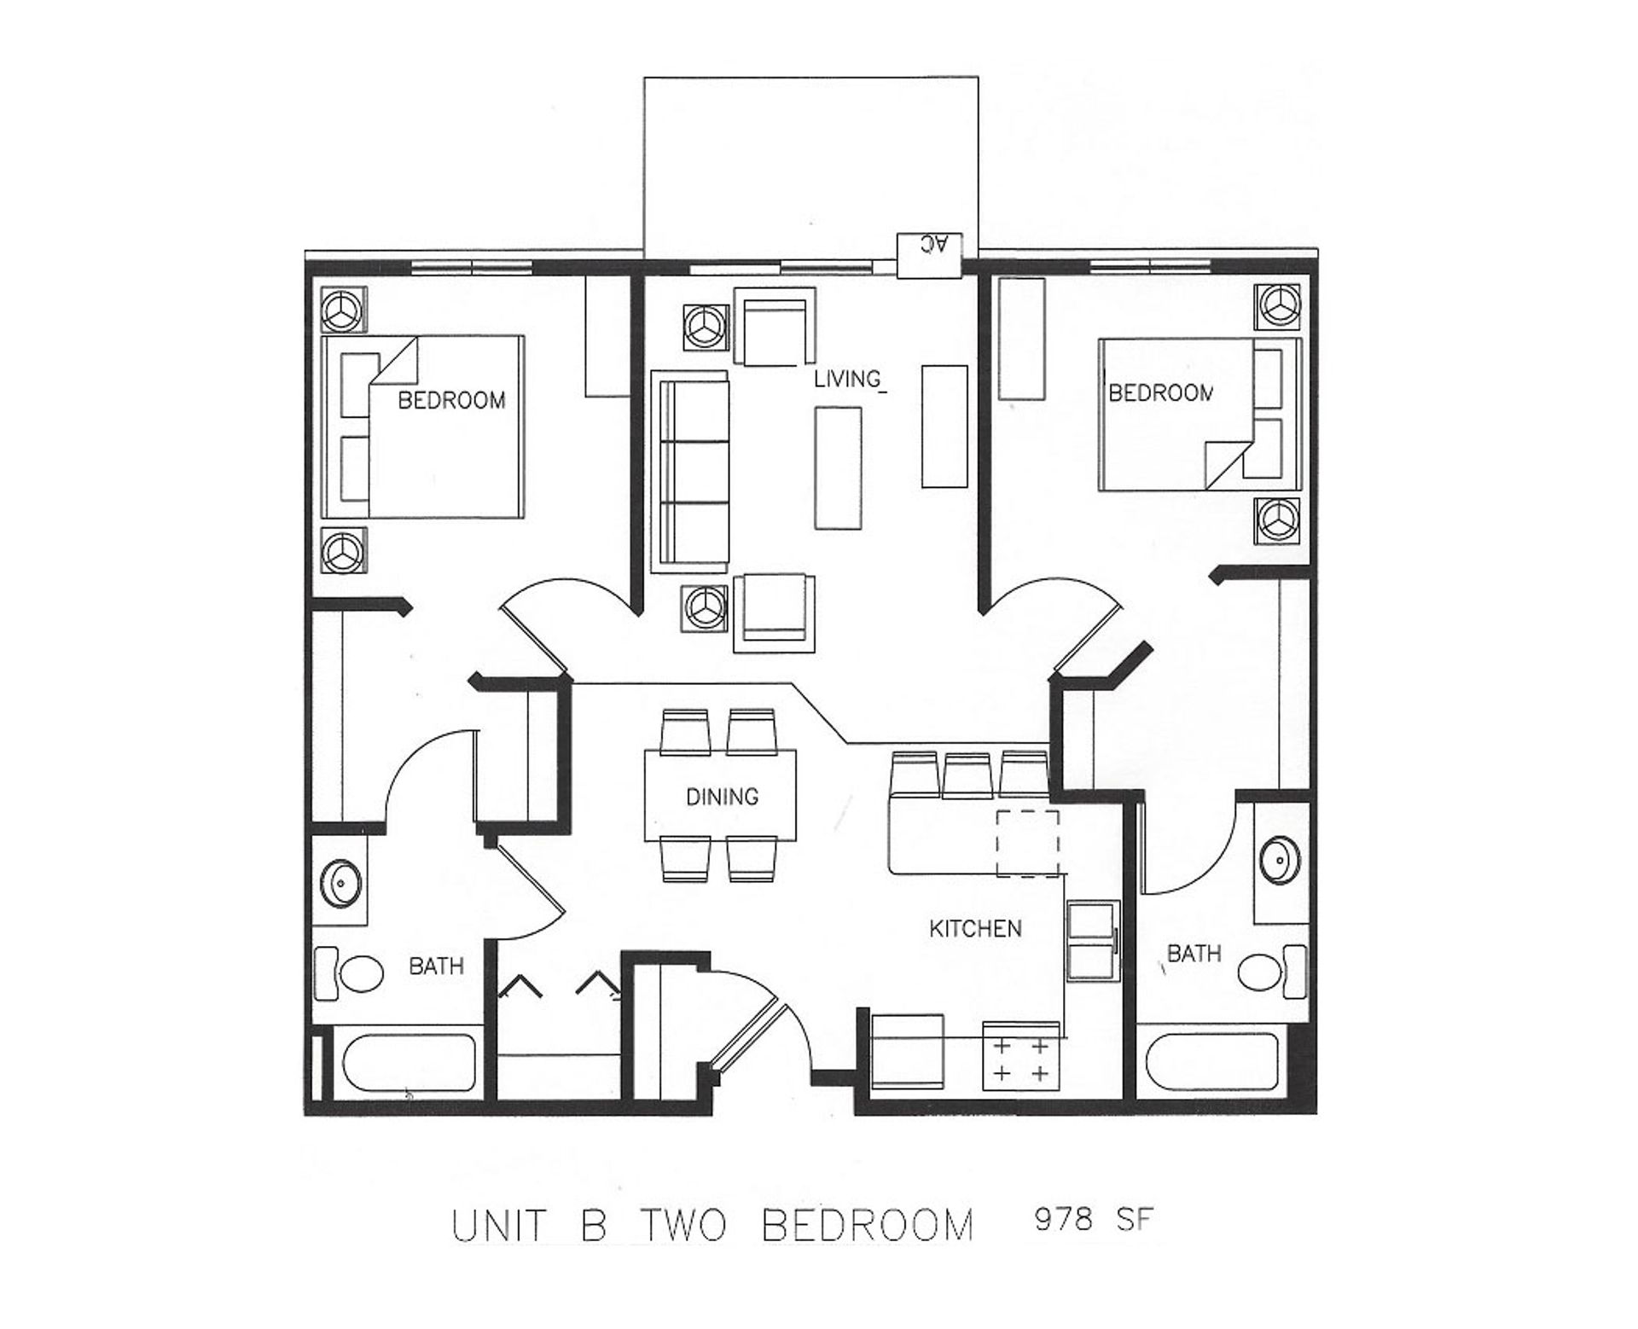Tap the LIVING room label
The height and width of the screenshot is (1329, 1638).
(x=847, y=379)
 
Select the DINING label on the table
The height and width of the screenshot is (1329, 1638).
(x=722, y=796)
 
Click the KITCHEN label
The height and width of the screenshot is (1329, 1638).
(x=975, y=928)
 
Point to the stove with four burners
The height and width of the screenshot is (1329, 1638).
(x=1021, y=1056)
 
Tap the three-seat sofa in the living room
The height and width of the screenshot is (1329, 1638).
(x=690, y=472)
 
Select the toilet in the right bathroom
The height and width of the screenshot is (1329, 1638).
(x=1272, y=971)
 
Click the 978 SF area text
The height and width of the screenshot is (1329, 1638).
(x=1094, y=1220)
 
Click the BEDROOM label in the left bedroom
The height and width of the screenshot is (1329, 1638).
(x=451, y=400)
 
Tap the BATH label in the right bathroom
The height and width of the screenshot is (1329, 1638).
(x=1194, y=954)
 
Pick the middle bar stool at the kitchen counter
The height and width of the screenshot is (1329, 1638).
(x=967, y=774)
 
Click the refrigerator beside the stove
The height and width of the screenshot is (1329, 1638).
(x=908, y=1051)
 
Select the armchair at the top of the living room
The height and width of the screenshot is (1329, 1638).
(x=775, y=327)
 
